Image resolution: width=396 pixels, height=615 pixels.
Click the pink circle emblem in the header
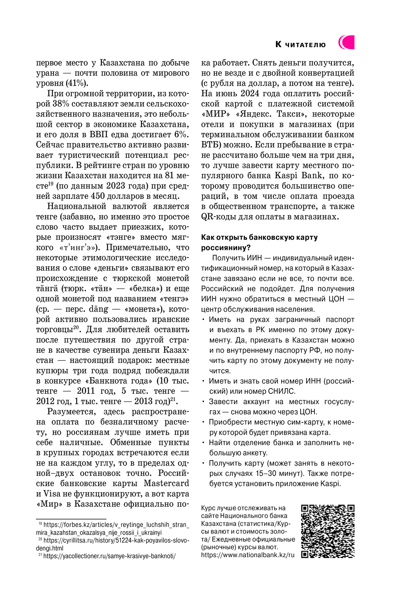(x=346, y=42)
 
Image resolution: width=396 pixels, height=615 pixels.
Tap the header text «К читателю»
(x=301, y=44)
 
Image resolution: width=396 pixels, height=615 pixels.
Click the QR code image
(x=327, y=531)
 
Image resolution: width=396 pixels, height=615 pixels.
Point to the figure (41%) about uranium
(x=76, y=83)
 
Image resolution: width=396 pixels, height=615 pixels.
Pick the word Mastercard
(x=166, y=483)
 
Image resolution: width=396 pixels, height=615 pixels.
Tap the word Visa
(x=52, y=494)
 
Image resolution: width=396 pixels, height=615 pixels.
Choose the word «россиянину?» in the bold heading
(x=226, y=248)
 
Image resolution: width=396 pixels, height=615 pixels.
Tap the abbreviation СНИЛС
(x=282, y=392)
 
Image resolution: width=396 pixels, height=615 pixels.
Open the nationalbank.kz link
(x=248, y=555)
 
